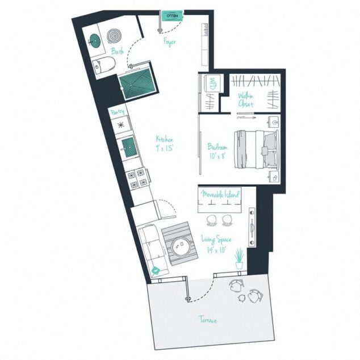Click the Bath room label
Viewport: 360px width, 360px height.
coord(118,52)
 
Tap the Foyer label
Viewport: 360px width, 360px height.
coord(169,42)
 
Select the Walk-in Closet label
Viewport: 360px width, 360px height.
coord(246,101)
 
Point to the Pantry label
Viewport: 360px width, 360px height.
coord(117,112)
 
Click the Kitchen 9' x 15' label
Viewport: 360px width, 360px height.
coord(165,143)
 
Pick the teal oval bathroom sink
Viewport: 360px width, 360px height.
coord(94,40)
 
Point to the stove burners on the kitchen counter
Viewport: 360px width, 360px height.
coord(137,179)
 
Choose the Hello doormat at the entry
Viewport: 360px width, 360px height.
coord(170,17)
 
